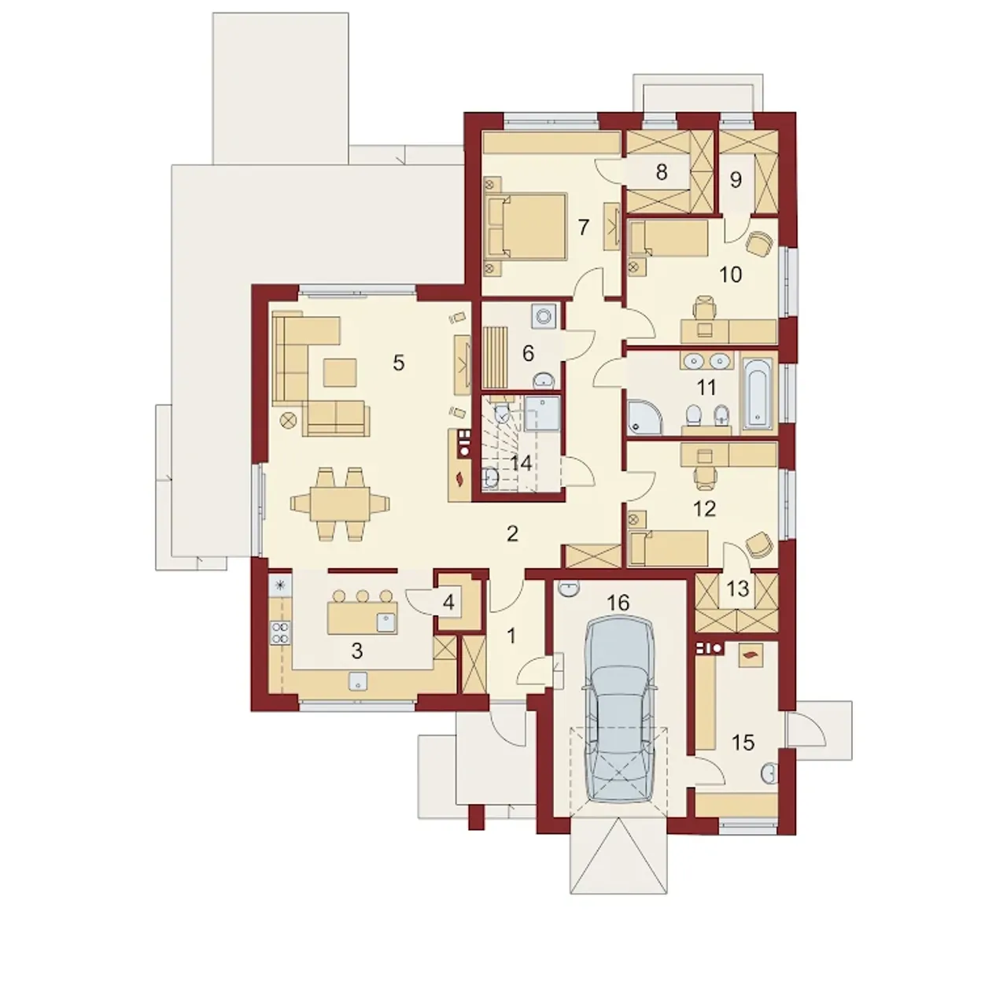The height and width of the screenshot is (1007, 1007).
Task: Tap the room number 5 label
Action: point(399,363)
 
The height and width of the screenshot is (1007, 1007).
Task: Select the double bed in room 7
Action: point(527,227)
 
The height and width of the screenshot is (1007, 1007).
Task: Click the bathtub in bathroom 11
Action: point(757,393)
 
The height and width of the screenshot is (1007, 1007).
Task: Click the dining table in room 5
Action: point(340,503)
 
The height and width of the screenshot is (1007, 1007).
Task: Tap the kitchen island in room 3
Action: point(362,618)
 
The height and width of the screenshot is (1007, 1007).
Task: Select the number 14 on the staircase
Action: point(521,463)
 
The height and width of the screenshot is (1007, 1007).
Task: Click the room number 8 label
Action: point(662,172)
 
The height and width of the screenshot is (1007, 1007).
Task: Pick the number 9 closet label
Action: point(736,180)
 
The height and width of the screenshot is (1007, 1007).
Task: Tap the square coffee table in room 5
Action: point(340,371)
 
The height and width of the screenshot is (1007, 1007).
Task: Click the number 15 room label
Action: point(743,742)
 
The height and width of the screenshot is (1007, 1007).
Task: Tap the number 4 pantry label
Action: point(448,603)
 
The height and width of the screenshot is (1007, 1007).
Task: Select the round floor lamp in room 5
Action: point(289,419)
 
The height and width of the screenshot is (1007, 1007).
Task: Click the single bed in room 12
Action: point(669,548)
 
